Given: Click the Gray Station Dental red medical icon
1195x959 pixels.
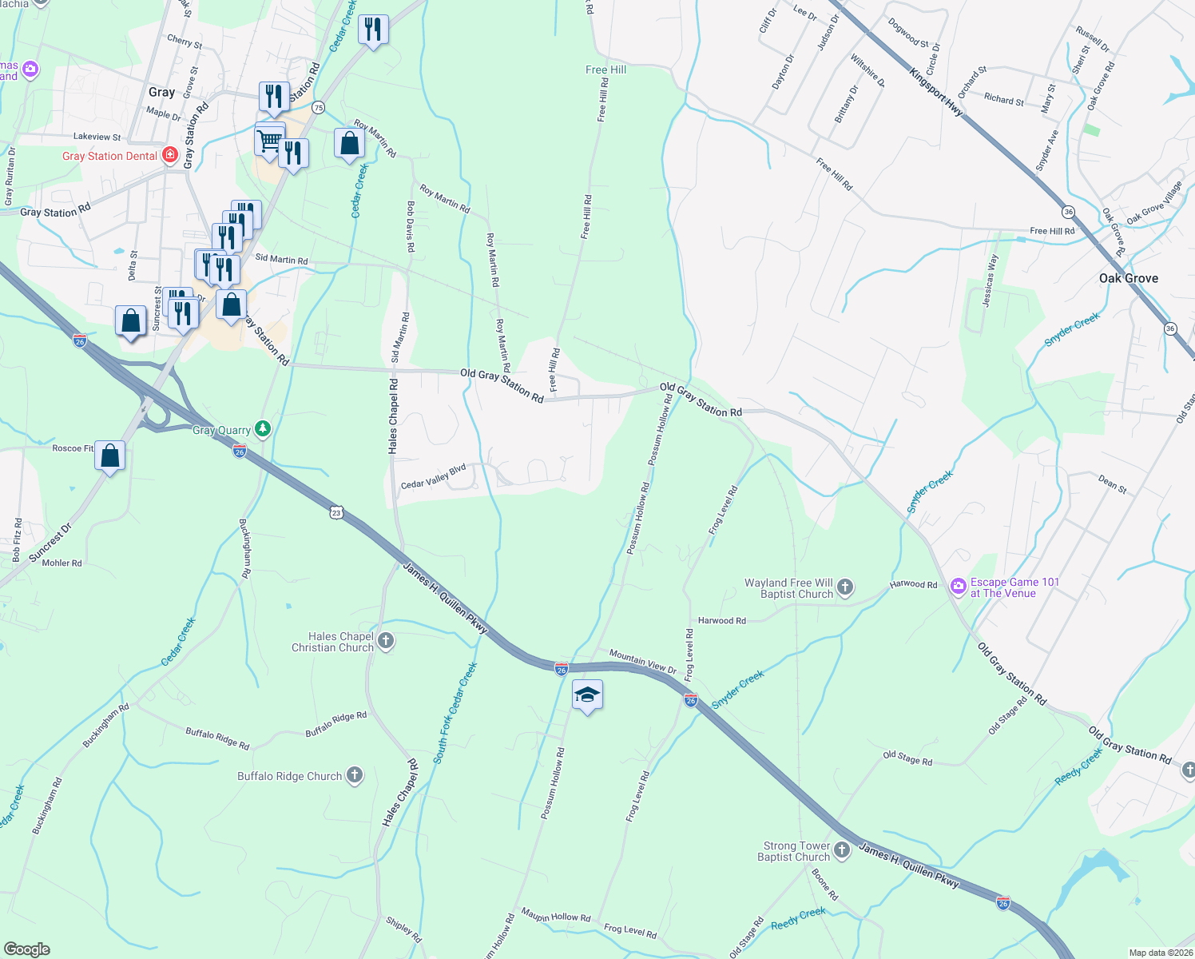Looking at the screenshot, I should point(170,155).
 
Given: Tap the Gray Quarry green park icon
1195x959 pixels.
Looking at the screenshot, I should point(262,429).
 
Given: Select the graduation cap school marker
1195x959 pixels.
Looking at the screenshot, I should point(587,695).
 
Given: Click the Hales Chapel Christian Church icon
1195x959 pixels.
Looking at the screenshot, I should point(386,641).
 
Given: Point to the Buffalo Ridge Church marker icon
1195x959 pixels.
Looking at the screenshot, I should point(354,775).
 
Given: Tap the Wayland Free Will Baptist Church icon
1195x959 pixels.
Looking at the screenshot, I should point(844,588).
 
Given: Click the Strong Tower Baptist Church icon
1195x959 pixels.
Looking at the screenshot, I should point(842,850).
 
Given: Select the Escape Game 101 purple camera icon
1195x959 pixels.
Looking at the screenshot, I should point(958,587).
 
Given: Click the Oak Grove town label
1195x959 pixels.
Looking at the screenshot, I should point(1128,278).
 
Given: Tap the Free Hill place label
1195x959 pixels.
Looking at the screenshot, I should point(605,70).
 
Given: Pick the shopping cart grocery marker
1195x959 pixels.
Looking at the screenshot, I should point(269,141).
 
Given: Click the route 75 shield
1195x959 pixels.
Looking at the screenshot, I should point(319,108).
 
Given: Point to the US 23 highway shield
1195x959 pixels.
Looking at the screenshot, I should point(337,512).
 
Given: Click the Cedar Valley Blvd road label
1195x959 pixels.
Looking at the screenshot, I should point(433,477).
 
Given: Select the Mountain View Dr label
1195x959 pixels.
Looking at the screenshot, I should point(642,661).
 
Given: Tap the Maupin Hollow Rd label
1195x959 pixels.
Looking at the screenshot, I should point(556,914).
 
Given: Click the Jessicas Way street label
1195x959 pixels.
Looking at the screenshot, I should point(990,281).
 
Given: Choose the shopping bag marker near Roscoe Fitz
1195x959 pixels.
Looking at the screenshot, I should point(110,456).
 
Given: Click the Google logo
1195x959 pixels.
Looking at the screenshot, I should point(26,949).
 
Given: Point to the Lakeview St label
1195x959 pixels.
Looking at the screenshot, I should point(97,137).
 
